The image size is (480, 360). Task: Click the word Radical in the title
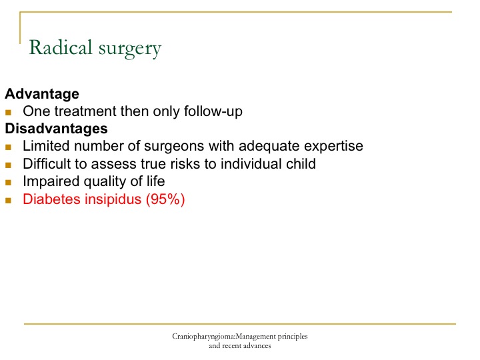point(60,47)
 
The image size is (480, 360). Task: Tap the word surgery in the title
point(130,49)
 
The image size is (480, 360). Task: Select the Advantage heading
point(42,94)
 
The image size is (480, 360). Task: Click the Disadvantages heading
point(56,129)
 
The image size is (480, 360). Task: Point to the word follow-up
point(213,111)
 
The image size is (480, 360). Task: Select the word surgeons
point(174,147)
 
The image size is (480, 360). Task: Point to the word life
point(155,181)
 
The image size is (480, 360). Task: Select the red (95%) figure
point(165,199)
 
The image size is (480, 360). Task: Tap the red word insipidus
point(113,199)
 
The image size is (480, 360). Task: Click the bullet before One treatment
point(8,113)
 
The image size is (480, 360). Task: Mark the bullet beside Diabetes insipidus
point(8,201)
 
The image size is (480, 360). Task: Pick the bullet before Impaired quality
point(8,183)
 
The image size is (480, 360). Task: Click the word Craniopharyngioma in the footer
point(203,337)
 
